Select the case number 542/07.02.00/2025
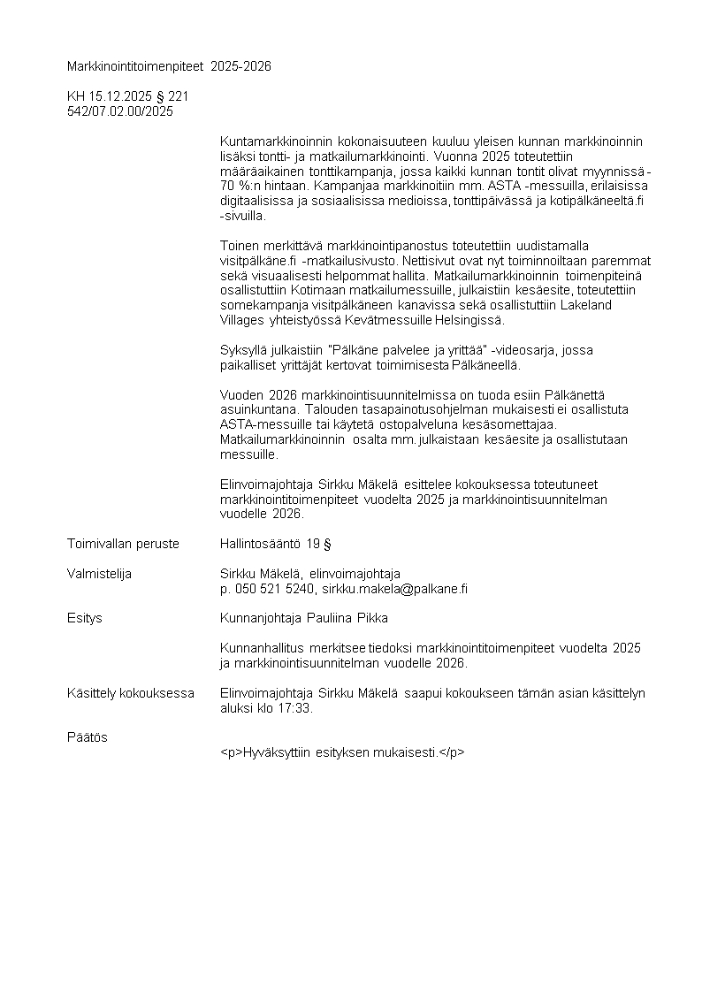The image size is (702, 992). pyautogui.click(x=120, y=111)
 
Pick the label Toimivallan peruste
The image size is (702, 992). pyautogui.click(x=123, y=544)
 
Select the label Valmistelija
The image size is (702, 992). pyautogui.click(x=100, y=574)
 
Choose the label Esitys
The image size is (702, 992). pyautogui.click(x=85, y=618)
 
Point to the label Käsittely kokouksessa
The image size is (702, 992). pyautogui.click(x=131, y=693)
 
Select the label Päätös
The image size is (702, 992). pyautogui.click(x=88, y=737)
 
